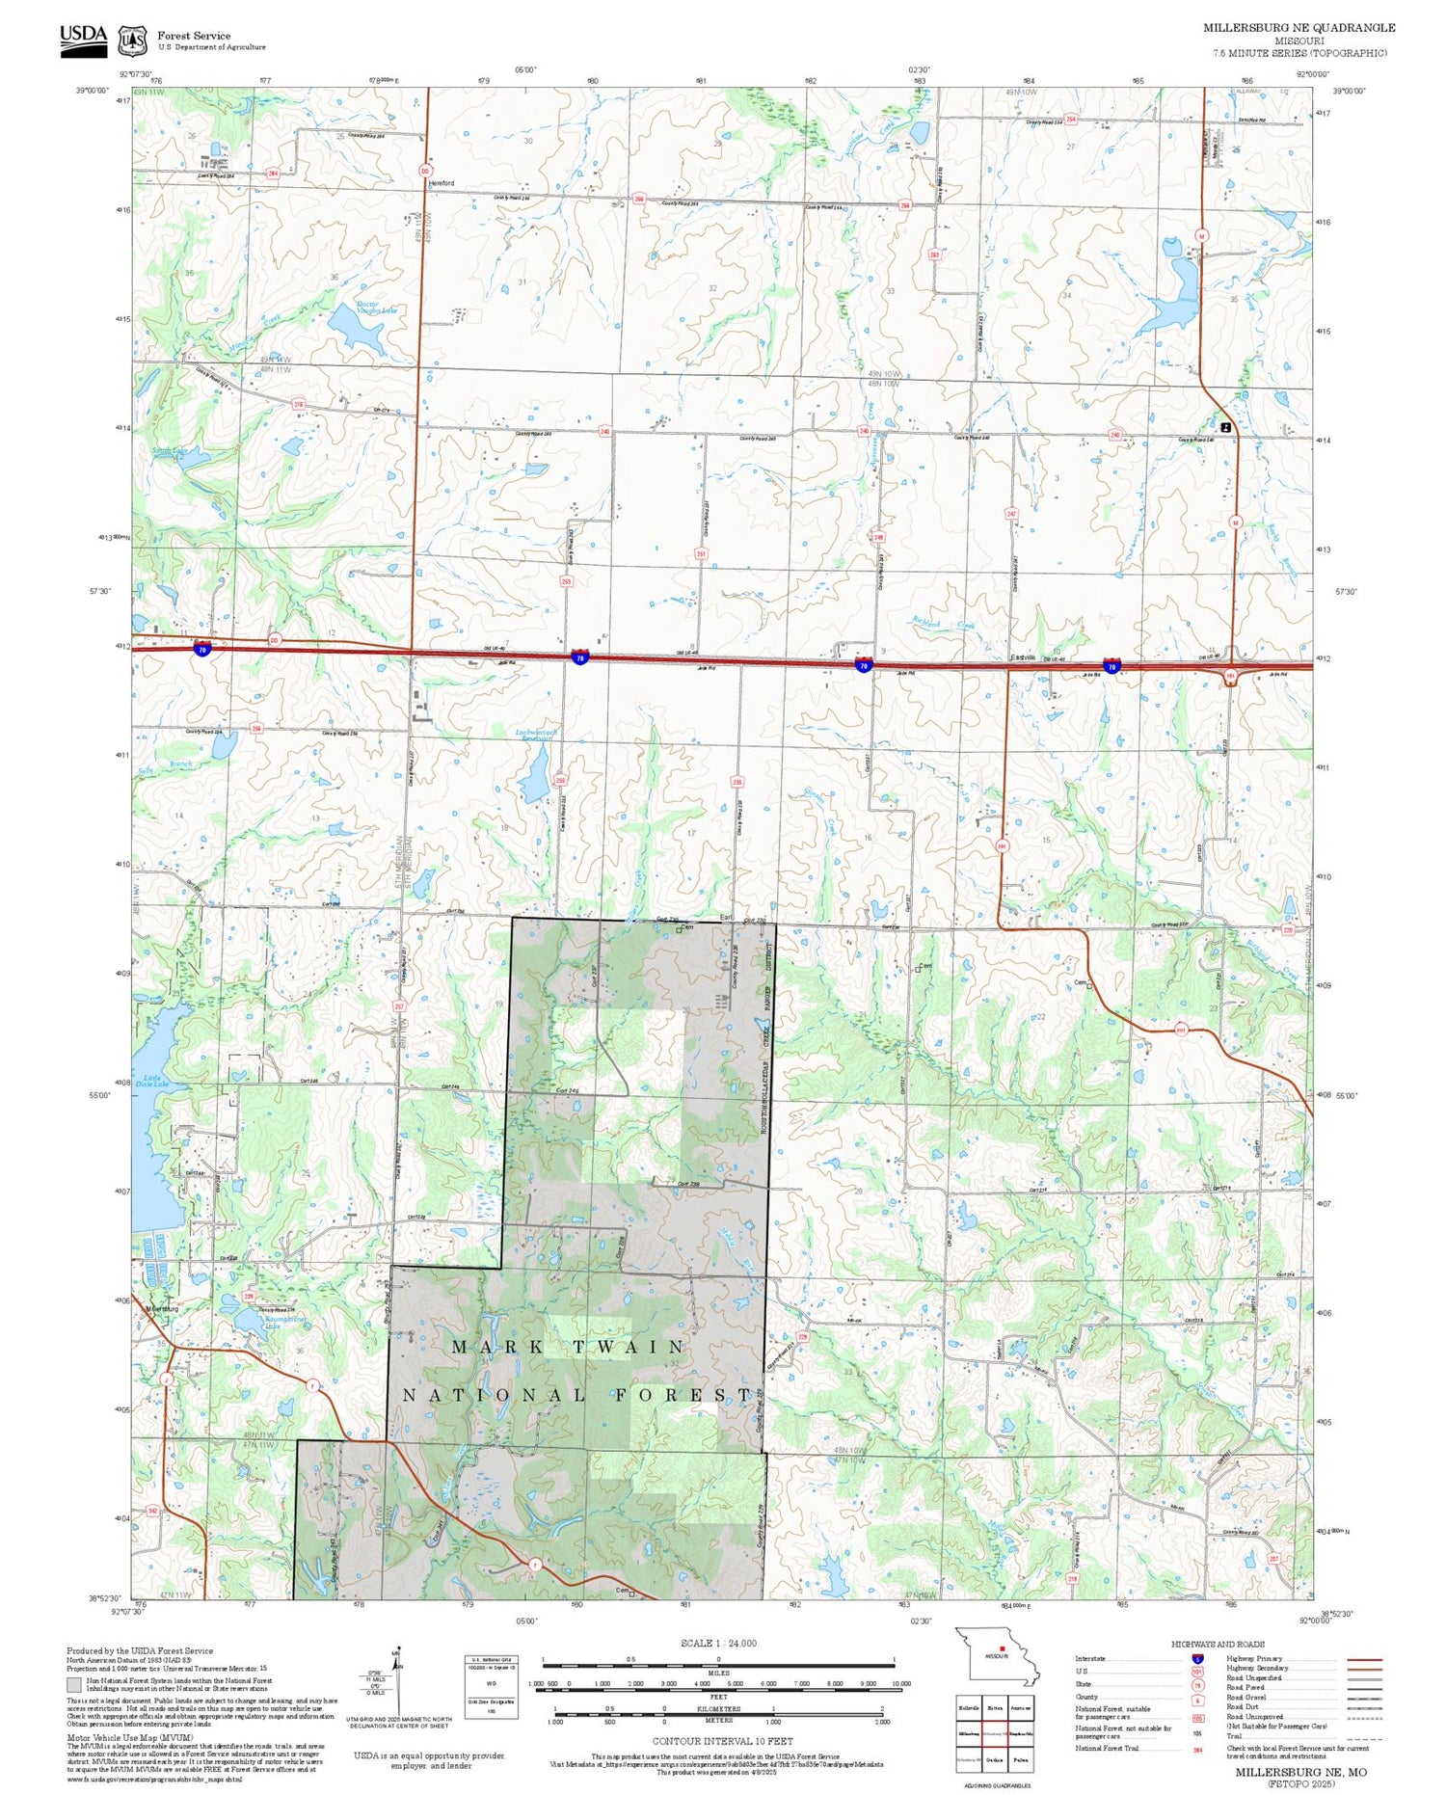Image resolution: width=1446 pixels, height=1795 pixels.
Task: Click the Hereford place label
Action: click(x=441, y=182)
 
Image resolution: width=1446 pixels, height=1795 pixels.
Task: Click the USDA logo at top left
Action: click(x=84, y=40)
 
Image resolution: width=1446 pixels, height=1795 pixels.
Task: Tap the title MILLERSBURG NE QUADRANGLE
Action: click(x=1299, y=28)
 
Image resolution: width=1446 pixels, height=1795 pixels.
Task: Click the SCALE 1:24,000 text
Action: click(x=718, y=1644)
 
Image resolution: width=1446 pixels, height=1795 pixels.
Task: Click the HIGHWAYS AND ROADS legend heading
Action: click(x=1218, y=1645)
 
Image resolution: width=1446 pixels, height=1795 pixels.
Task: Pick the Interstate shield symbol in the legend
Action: click(x=1196, y=1659)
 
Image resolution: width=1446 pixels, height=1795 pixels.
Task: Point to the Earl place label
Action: click(x=726, y=917)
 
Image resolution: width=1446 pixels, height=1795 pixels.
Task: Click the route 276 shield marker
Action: click(x=298, y=405)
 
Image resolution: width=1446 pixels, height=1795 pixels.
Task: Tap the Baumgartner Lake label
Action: click(x=272, y=1322)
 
